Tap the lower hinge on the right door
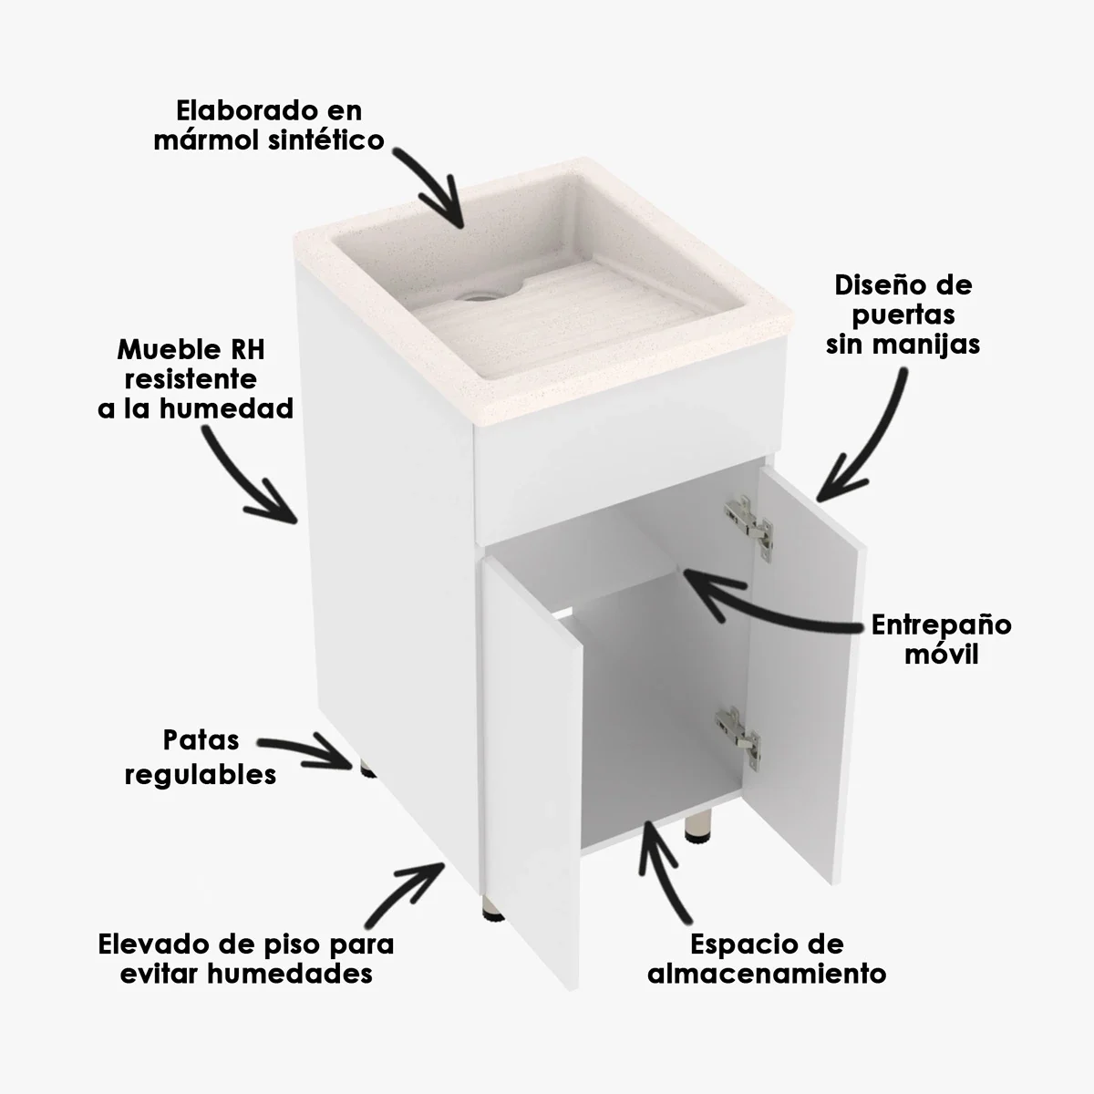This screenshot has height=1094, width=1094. click(x=738, y=733)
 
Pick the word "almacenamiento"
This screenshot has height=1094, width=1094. click(x=767, y=973)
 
